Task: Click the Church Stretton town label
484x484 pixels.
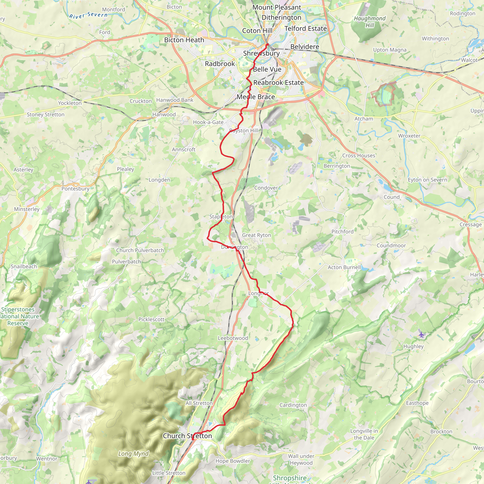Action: pyautogui.click(x=187, y=436)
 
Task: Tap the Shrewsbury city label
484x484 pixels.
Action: pyautogui.click(x=261, y=53)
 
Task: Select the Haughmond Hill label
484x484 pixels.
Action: pyautogui.click(x=370, y=22)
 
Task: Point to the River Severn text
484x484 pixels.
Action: pyautogui.click(x=88, y=15)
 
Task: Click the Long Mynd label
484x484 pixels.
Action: pyautogui.click(x=133, y=454)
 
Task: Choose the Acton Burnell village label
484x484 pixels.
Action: pyautogui.click(x=344, y=267)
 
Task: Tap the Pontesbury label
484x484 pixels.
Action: pyautogui.click(x=75, y=189)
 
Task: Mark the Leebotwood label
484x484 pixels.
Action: pyautogui.click(x=233, y=338)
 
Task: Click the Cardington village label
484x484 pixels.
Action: pyautogui.click(x=293, y=405)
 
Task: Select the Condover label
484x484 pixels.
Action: pyautogui.click(x=266, y=188)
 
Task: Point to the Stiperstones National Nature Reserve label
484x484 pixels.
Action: pyautogui.click(x=18, y=316)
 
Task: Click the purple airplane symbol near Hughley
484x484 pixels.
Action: pyautogui.click(x=422, y=334)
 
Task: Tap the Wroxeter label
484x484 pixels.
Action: pyautogui.click(x=409, y=136)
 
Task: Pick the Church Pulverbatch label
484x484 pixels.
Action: pyautogui.click(x=140, y=250)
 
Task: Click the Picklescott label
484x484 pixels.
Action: pyautogui.click(x=151, y=320)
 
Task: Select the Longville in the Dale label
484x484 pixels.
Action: pyautogui.click(x=364, y=434)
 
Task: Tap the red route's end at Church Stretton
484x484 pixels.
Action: pyautogui.click(x=193, y=439)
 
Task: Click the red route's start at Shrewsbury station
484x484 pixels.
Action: pyautogui.click(x=267, y=44)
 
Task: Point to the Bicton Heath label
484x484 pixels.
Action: pyautogui.click(x=184, y=40)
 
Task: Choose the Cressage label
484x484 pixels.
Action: pyautogui.click(x=470, y=225)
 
